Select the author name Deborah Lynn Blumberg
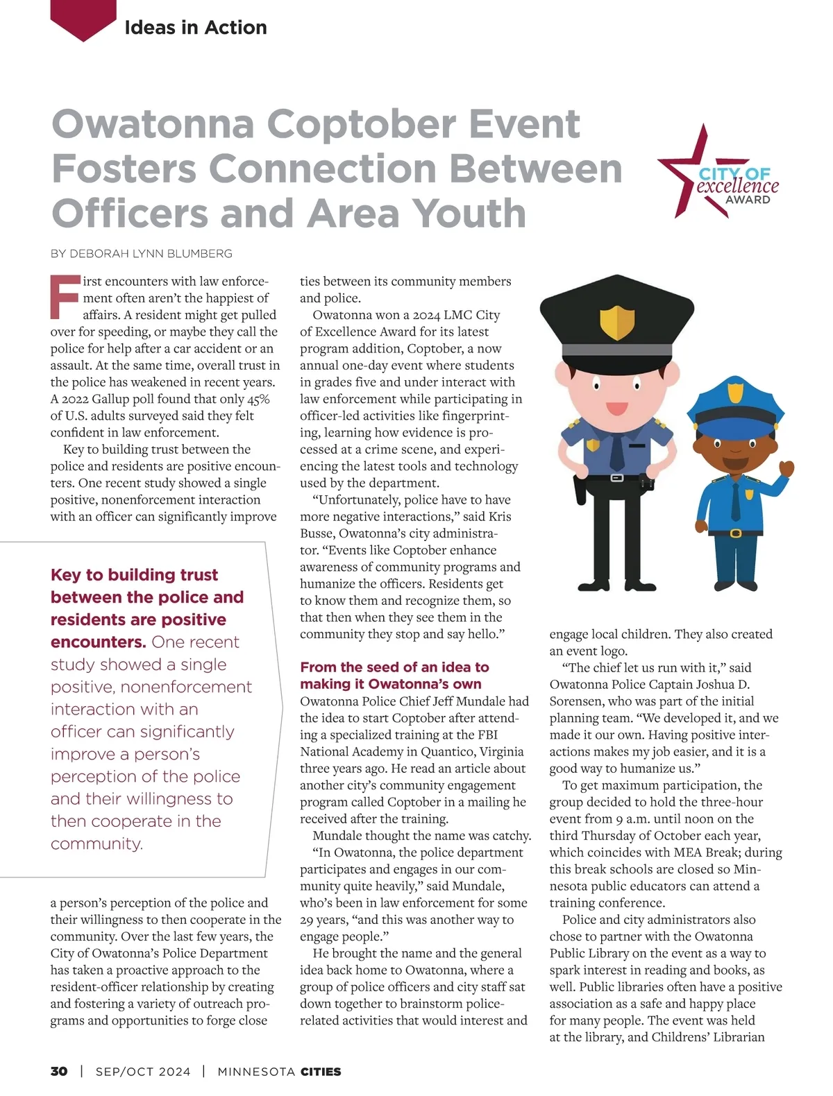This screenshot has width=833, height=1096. pos(151,254)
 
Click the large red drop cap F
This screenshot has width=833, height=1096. pos(65,296)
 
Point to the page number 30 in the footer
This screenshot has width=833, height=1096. pos(59,1071)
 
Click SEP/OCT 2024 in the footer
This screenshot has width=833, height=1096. pos(143,1071)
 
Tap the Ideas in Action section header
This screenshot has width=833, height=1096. pos(196,28)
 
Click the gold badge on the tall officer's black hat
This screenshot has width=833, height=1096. pos(617,320)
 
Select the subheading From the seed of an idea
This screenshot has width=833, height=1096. pos(394,667)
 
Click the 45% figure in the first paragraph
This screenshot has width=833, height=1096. pos(258,399)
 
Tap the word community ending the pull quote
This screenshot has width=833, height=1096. pos(96,844)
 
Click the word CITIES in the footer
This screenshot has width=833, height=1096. pos(321,1071)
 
